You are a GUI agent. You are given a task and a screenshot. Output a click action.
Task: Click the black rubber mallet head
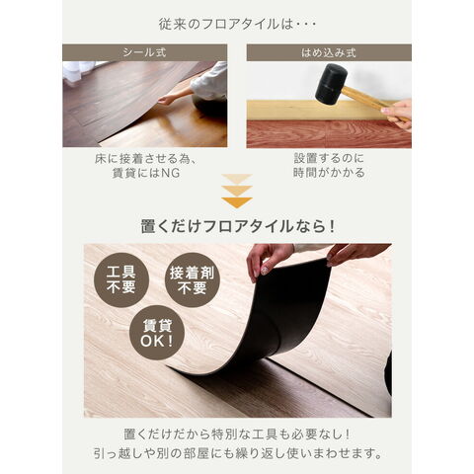click(x=331, y=82)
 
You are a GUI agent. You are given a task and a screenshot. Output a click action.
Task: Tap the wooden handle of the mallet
click(x=372, y=101)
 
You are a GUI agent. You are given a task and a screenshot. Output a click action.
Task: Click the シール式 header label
click(x=144, y=52)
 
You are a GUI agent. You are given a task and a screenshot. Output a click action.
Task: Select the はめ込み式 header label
click(x=329, y=52)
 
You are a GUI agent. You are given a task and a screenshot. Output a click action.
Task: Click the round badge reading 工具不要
click(x=121, y=279)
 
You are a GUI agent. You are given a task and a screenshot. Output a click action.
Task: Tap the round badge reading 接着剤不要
click(x=192, y=279)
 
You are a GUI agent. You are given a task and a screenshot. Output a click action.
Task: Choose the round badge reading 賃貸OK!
click(x=157, y=333)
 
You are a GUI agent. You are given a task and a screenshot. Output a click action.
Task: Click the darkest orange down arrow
click(x=237, y=202)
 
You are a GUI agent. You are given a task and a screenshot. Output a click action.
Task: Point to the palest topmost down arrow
click(x=237, y=179)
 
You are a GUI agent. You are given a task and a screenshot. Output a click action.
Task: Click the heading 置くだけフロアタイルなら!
click(x=237, y=226)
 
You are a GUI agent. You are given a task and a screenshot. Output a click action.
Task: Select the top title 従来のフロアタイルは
click(x=237, y=25)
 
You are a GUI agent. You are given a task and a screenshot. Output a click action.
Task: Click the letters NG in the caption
click(x=170, y=173)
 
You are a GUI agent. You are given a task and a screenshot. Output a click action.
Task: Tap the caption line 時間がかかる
click(x=329, y=173)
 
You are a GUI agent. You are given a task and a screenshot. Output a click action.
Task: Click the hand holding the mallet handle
click(x=397, y=115)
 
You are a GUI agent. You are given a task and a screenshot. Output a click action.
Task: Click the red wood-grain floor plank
click(x=329, y=134)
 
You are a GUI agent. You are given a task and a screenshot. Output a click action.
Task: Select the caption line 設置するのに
click(x=329, y=158)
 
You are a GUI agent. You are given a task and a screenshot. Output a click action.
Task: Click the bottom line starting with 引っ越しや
click(x=237, y=453)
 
